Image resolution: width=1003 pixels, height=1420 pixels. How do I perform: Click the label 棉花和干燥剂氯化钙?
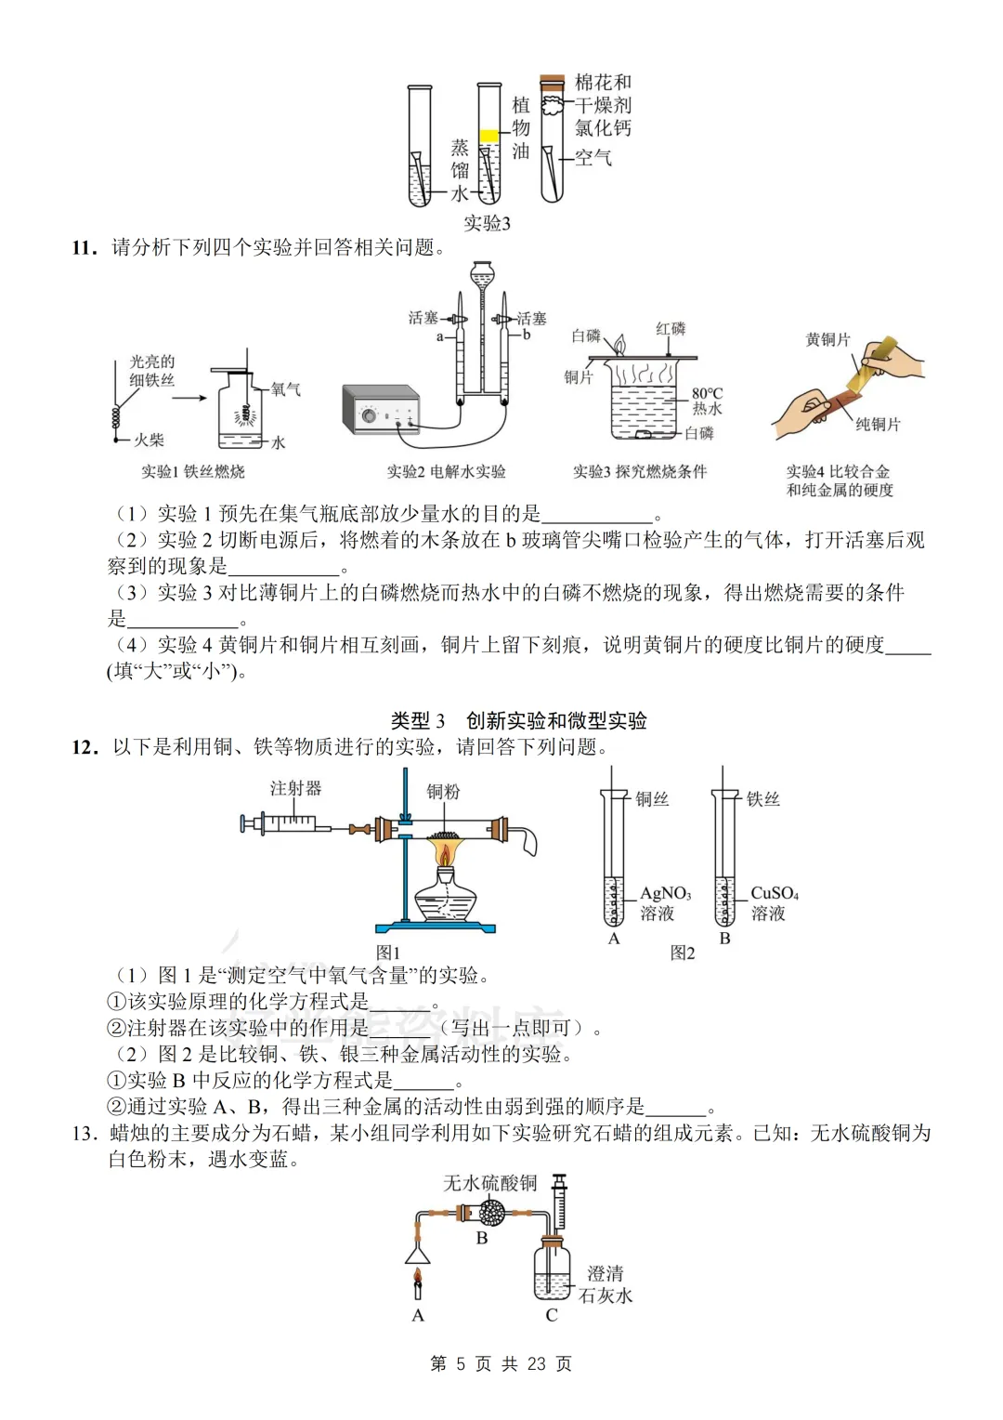603,105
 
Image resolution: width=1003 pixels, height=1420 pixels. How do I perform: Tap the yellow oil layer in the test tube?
488,137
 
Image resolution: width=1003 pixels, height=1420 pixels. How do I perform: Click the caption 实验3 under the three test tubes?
487,223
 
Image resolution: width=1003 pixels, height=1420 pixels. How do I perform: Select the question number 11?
85,247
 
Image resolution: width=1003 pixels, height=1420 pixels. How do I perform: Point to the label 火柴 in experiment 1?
149,440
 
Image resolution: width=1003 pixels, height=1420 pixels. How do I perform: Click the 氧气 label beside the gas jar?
285,388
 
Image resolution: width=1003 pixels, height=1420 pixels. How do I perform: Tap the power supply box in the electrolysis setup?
381,410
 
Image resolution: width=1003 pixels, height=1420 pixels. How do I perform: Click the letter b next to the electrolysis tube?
527,335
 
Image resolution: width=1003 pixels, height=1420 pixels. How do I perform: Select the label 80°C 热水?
707,401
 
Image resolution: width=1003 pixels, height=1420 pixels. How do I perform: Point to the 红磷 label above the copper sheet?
671,329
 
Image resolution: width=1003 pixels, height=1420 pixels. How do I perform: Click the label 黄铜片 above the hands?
827,339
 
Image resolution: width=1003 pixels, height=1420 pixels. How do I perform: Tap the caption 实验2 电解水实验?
446,471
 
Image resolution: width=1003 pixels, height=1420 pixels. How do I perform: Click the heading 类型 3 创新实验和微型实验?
518,720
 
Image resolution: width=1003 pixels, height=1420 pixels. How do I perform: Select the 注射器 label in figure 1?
295,788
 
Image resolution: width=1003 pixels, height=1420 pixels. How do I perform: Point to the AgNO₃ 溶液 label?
665,902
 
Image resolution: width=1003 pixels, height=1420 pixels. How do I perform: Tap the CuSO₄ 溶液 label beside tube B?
774,902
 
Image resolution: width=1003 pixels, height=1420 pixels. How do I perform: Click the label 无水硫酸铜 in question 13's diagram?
489,1182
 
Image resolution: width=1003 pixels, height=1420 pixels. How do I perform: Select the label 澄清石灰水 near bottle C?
606,1284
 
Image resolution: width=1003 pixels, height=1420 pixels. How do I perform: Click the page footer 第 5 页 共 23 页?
501,1363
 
